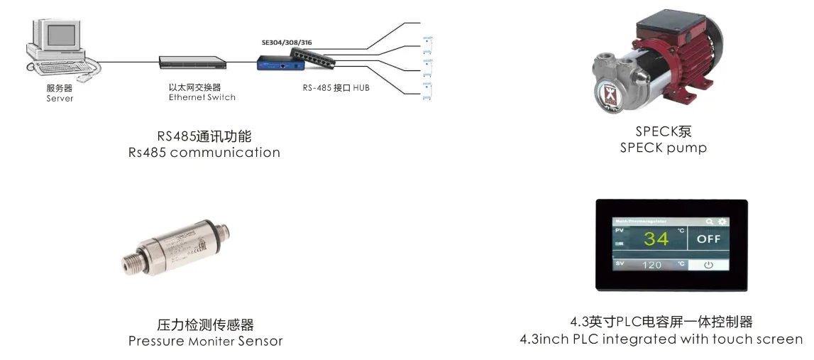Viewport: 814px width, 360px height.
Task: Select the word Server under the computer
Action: click(x=60, y=99)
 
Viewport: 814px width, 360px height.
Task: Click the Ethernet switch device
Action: click(x=192, y=62)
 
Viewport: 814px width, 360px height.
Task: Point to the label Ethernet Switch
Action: click(x=202, y=97)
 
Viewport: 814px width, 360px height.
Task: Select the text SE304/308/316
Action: click(x=287, y=43)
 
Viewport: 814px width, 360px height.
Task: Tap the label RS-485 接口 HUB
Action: click(x=336, y=88)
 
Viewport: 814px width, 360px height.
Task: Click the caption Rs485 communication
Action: click(x=204, y=153)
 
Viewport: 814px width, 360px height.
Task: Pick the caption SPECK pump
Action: click(x=663, y=148)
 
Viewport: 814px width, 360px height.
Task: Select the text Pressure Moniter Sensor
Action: click(x=205, y=342)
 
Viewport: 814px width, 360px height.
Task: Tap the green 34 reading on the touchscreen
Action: click(x=656, y=239)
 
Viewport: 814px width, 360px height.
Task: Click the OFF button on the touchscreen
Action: click(x=708, y=239)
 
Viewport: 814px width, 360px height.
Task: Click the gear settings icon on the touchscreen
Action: click(x=722, y=222)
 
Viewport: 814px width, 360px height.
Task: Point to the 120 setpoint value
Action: click(x=651, y=265)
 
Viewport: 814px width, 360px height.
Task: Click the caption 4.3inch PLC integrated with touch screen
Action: click(x=661, y=339)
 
